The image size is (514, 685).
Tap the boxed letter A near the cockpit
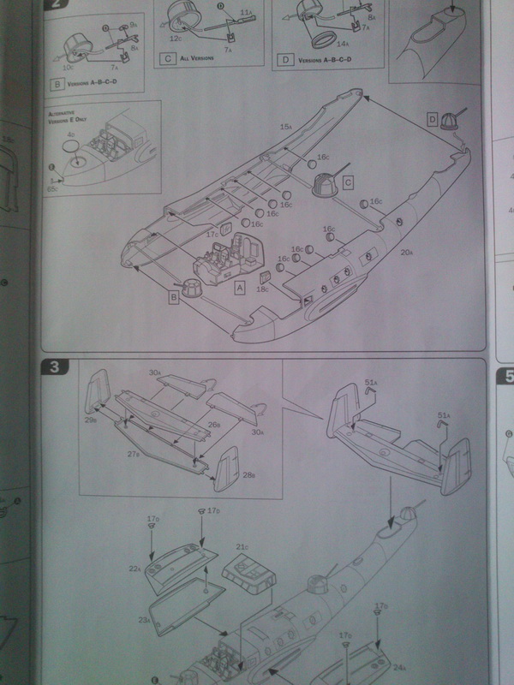pos(241,289)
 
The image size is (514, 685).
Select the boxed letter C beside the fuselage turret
pos(347,182)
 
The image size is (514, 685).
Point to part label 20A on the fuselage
pos(406,251)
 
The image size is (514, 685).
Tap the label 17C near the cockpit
pos(212,233)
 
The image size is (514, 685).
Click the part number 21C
pos(242,546)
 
